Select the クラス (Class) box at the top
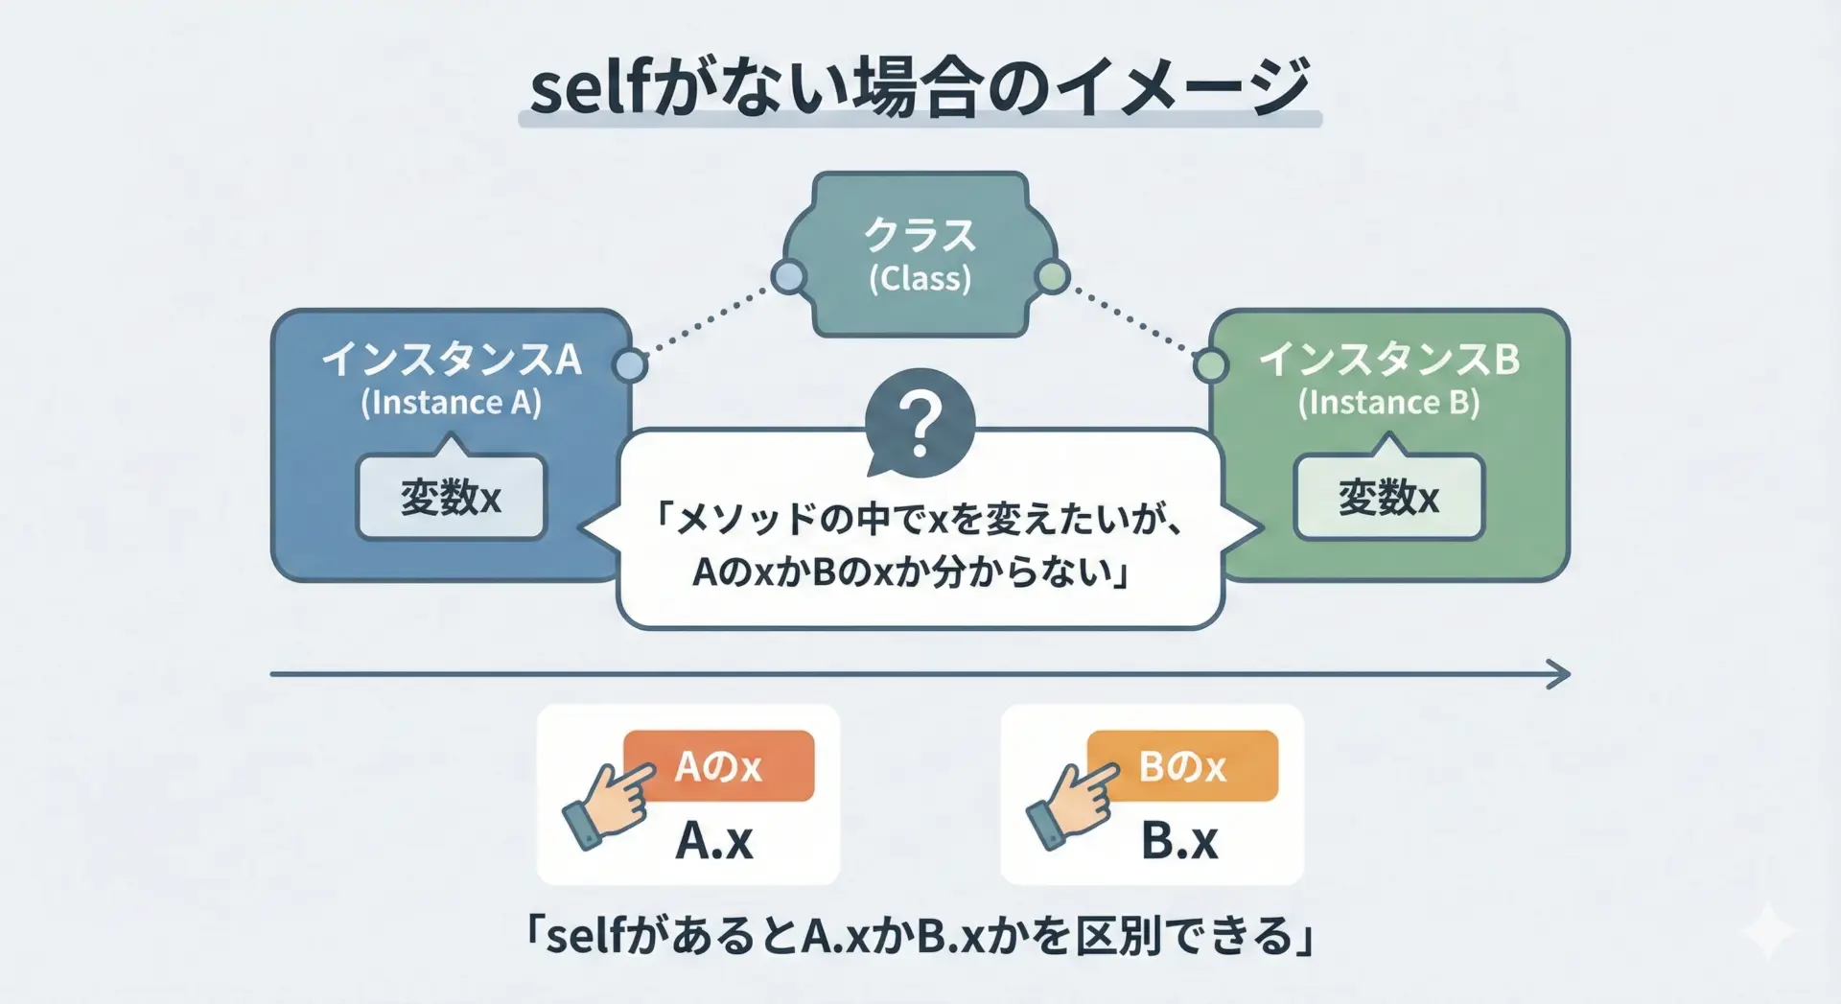[920, 254]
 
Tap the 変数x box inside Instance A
[451, 497]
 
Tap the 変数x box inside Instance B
[1388, 497]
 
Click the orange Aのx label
[718, 765]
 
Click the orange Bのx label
[1182, 765]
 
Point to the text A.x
[714, 841]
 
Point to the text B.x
[1179, 841]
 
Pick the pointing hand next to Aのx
[609, 804]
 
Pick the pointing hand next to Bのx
[1072, 804]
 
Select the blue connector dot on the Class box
[788, 277]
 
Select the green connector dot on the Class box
[1052, 277]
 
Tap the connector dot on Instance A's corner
[630, 365]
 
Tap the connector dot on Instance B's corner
[1211, 365]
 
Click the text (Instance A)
[451, 402]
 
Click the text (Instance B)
[1388, 402]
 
